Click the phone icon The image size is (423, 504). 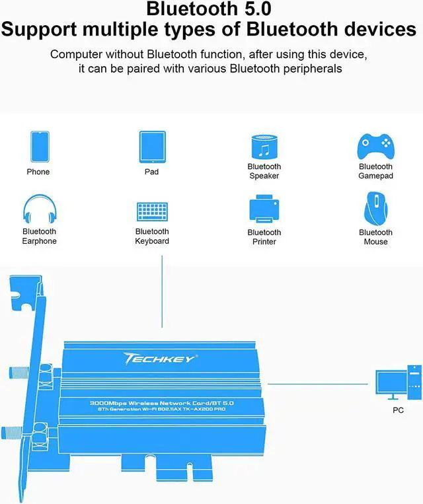click(x=40, y=147)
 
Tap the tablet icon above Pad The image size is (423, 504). click(x=153, y=147)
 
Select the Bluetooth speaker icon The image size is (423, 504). click(x=264, y=147)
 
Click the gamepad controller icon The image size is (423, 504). click(x=375, y=147)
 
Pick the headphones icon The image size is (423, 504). click(x=40, y=209)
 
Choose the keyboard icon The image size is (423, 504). click(x=152, y=211)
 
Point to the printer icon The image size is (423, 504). click(x=264, y=209)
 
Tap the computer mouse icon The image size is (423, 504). click(x=375, y=209)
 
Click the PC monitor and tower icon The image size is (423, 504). click(x=399, y=382)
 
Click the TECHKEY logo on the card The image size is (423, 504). click(x=160, y=359)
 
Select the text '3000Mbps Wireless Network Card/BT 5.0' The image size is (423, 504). click(x=162, y=403)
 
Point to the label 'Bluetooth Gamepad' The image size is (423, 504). click(x=375, y=171)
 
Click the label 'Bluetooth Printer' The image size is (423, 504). click(x=264, y=237)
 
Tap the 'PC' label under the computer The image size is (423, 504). click(x=398, y=410)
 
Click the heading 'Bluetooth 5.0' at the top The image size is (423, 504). click(x=209, y=9)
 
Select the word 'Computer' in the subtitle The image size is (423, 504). click(x=76, y=54)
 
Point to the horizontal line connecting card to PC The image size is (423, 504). click(x=317, y=384)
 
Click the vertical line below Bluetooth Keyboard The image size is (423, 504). click(x=162, y=291)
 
